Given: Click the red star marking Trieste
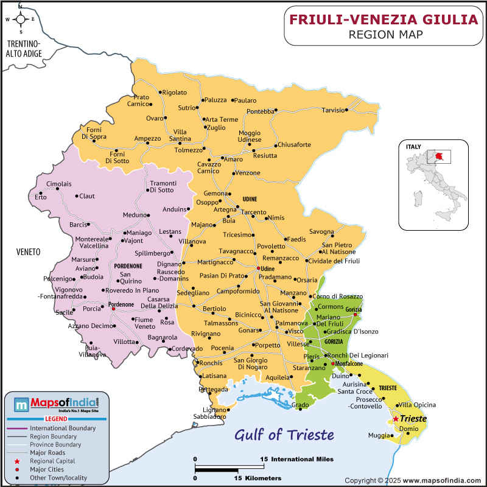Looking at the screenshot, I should pyautogui.click(x=396, y=419).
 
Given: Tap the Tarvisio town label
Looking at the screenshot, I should pyautogui.click(x=333, y=110).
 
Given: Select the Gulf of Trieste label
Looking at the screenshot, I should pyautogui.click(x=285, y=435).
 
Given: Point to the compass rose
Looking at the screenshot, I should pyautogui.click(x=20, y=19).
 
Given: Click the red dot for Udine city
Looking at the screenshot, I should pyautogui.click(x=258, y=268).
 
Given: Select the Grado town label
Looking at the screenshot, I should pyautogui.click(x=300, y=405).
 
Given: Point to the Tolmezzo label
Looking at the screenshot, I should pyautogui.click(x=188, y=150).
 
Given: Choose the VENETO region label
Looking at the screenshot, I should pyautogui.click(x=29, y=251).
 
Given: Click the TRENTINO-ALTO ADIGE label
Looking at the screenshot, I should pyautogui.click(x=24, y=49).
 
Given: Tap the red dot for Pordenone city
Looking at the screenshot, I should pyautogui.click(x=113, y=309).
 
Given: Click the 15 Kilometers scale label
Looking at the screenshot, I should pyautogui.click(x=258, y=478).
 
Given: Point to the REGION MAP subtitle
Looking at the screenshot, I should pyautogui.click(x=385, y=34).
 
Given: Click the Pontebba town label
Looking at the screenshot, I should pyautogui.click(x=261, y=111).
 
